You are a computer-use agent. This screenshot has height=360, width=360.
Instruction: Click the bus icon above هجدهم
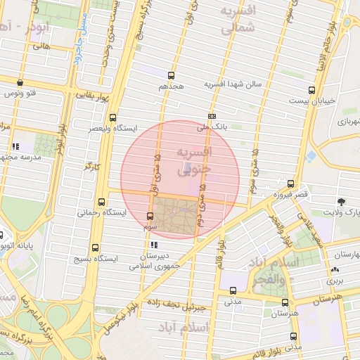[x=171, y=75]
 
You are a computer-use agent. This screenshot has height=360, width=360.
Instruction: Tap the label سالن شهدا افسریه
[x=233, y=84]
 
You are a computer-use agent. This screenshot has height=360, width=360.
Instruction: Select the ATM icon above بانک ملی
[x=212, y=117]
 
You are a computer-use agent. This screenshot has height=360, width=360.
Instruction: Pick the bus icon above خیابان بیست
[x=311, y=90]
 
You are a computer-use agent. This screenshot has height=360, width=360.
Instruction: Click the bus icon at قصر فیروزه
[x=290, y=183]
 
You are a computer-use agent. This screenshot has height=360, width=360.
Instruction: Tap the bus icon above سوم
[x=150, y=216]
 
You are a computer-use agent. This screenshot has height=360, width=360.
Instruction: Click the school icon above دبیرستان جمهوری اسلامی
[x=154, y=245]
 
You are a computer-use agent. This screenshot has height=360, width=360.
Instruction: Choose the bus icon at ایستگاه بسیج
[x=96, y=247]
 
